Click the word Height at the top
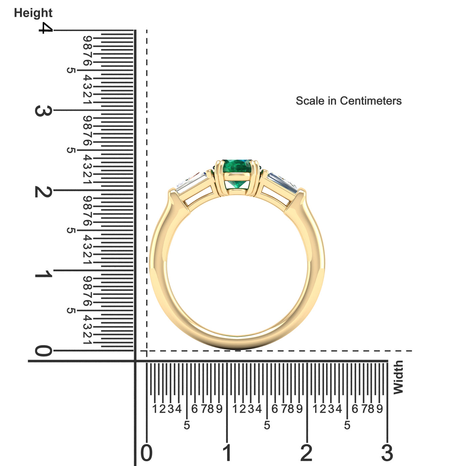pyautogui.click(x=33, y=13)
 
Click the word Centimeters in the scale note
pyautogui.click(x=370, y=101)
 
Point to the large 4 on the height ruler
pyautogui.click(x=46, y=28)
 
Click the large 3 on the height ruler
pyautogui.click(x=44, y=111)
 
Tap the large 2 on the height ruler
pyautogui.click(x=44, y=192)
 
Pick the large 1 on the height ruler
pyautogui.click(x=44, y=274)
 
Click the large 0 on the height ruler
pyautogui.click(x=44, y=351)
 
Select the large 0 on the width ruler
pyautogui.click(x=146, y=453)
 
